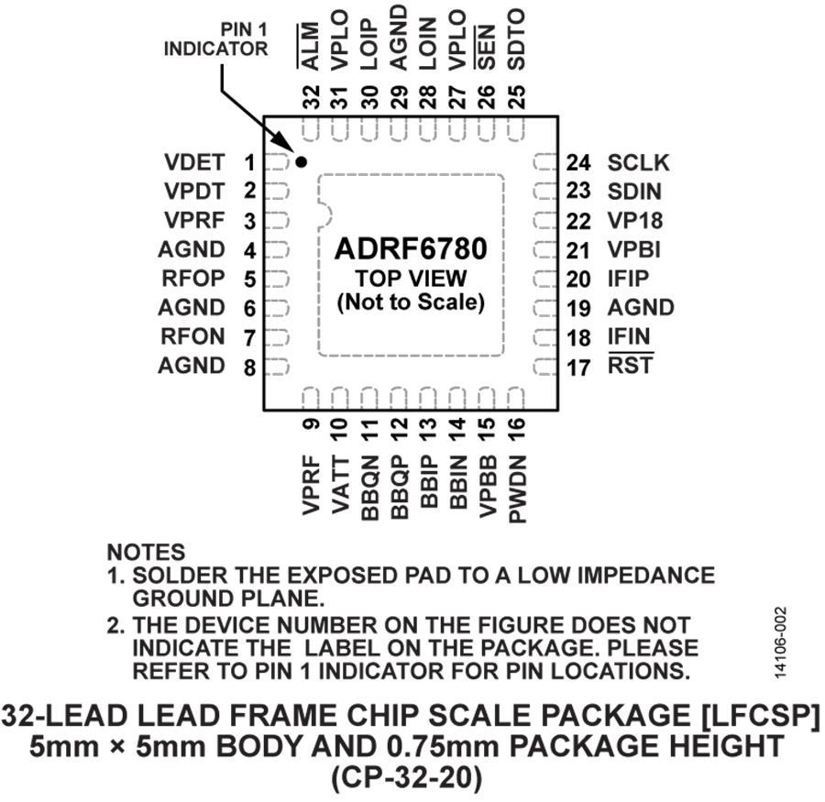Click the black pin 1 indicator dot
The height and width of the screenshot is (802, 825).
(x=301, y=162)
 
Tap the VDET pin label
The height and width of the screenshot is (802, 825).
(x=194, y=162)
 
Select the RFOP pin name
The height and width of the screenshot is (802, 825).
(x=193, y=279)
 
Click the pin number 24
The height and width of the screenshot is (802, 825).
(x=578, y=162)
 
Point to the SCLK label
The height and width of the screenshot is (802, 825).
(x=639, y=162)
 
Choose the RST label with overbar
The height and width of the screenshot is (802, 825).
(x=631, y=364)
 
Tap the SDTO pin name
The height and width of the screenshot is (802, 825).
(x=517, y=40)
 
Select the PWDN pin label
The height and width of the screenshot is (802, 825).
(x=518, y=489)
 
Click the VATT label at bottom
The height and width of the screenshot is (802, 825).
(x=340, y=485)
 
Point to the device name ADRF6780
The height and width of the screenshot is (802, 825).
(x=411, y=249)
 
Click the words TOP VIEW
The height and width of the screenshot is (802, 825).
(x=411, y=279)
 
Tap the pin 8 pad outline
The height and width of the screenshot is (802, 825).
(x=277, y=367)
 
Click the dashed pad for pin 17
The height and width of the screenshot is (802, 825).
(x=545, y=367)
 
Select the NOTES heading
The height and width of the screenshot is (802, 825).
(x=147, y=552)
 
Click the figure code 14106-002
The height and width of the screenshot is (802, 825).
(x=781, y=642)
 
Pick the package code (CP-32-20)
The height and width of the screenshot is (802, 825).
(x=407, y=777)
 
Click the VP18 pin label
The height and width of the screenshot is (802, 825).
(x=635, y=221)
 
